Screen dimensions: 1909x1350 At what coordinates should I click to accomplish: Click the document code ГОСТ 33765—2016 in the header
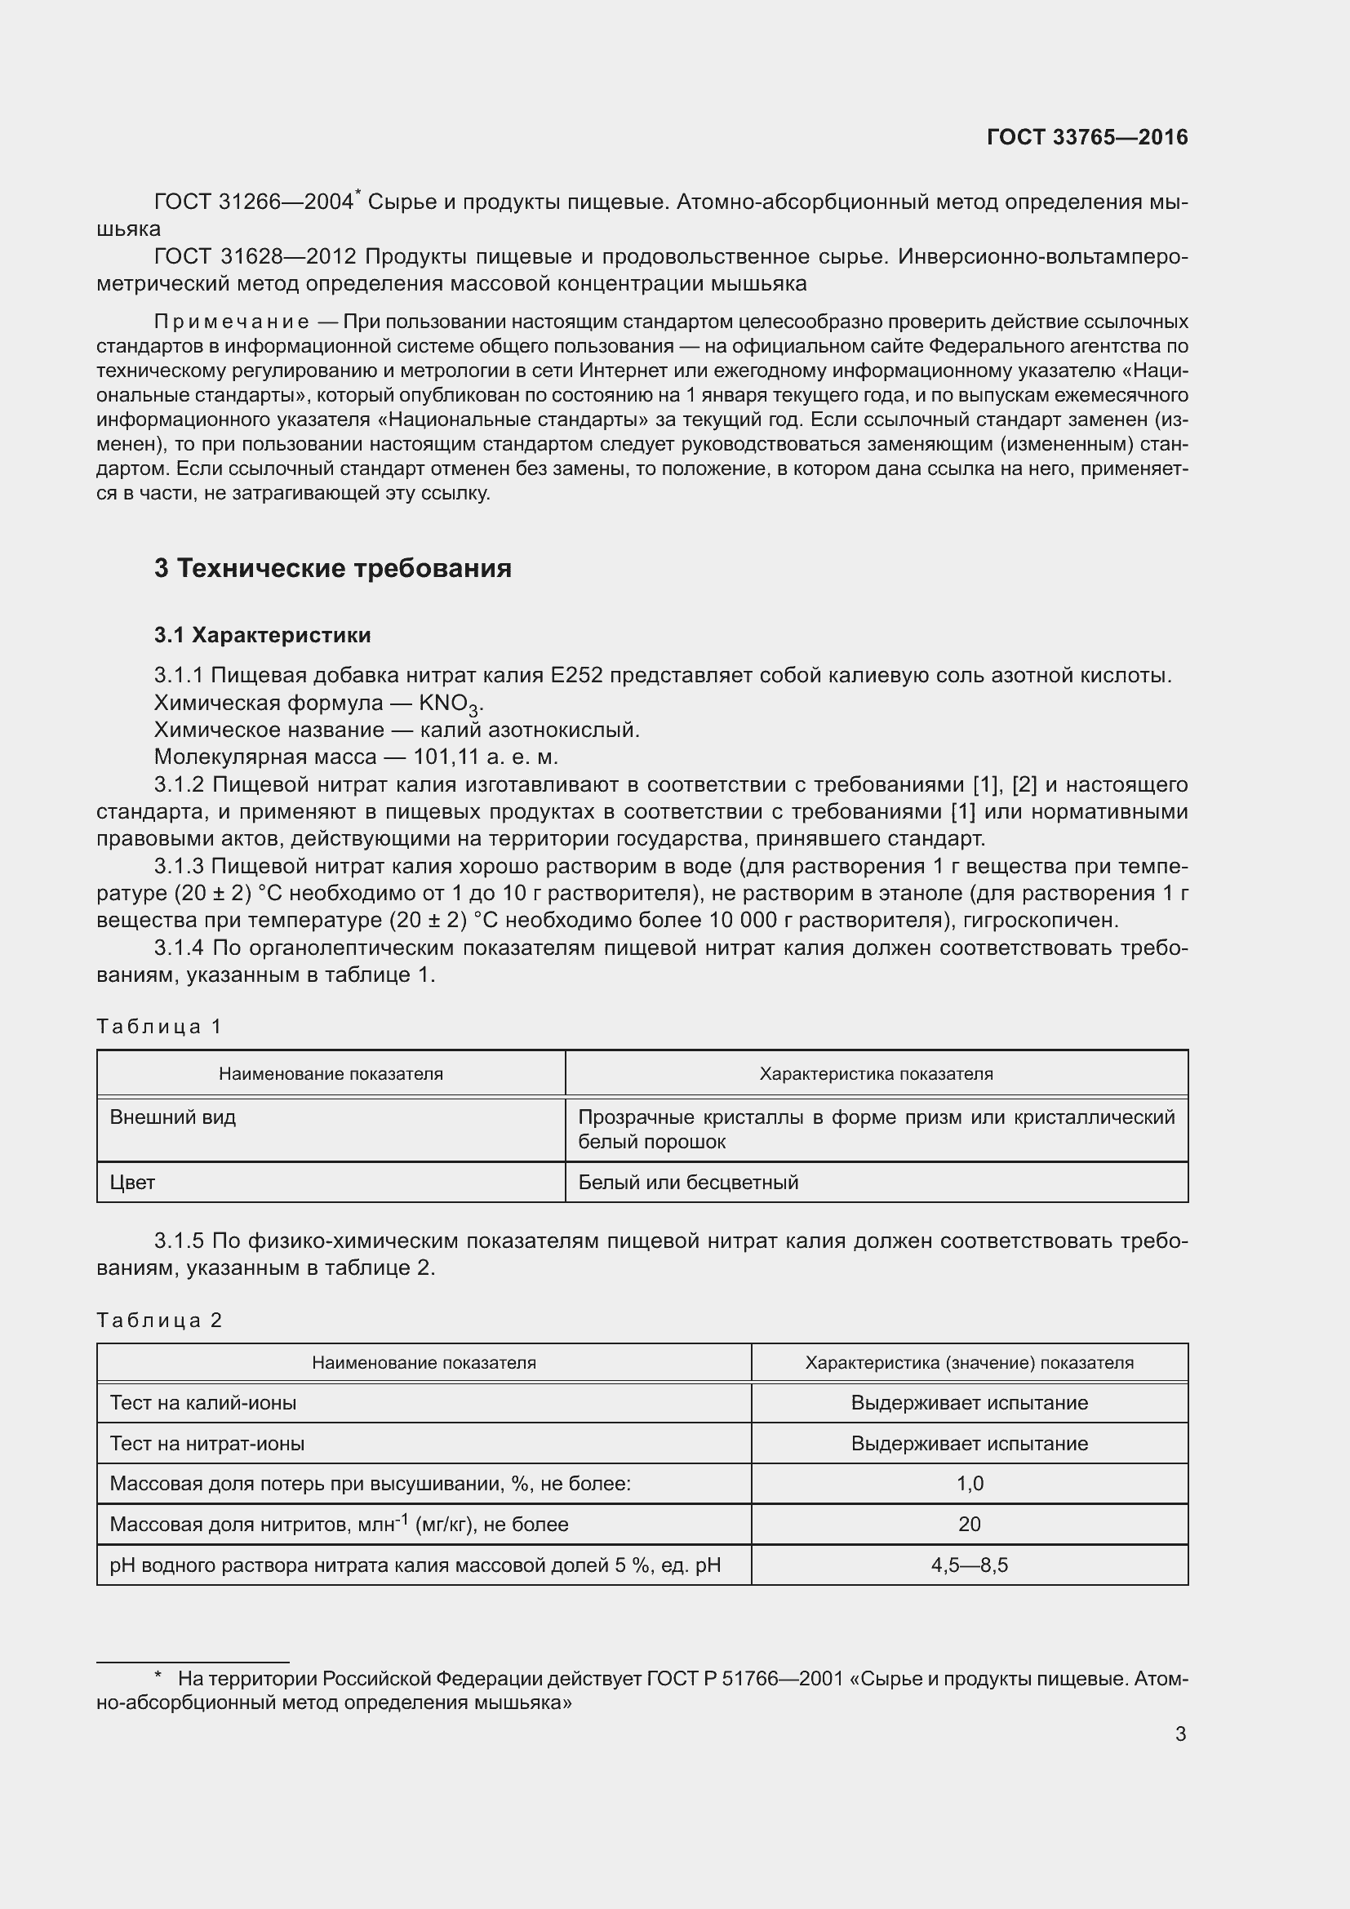coord(1086,137)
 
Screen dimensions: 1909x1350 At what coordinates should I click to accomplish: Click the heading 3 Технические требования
coord(332,569)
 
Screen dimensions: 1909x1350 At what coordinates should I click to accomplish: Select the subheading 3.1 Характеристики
coord(262,635)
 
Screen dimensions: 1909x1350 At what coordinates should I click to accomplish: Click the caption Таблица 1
coord(159,1027)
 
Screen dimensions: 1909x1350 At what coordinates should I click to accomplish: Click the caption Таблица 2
coord(159,1321)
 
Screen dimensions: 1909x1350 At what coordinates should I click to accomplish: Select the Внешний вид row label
coord(173,1117)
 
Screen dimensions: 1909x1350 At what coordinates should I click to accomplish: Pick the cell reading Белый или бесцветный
coord(687,1183)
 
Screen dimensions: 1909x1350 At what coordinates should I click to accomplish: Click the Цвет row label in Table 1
coord(132,1183)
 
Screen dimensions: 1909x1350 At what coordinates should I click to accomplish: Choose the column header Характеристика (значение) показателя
coord(969,1363)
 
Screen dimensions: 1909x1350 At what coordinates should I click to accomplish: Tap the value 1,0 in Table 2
coord(970,1484)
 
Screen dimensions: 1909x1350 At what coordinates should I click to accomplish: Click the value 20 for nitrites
coord(970,1525)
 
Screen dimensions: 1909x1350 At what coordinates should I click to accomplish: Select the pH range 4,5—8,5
coord(970,1565)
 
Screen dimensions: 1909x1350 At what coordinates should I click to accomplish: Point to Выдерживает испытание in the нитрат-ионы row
coord(970,1445)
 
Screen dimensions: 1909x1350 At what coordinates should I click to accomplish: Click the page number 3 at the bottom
coord(1179,1734)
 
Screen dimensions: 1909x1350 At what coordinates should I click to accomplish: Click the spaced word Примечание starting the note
coord(232,322)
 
